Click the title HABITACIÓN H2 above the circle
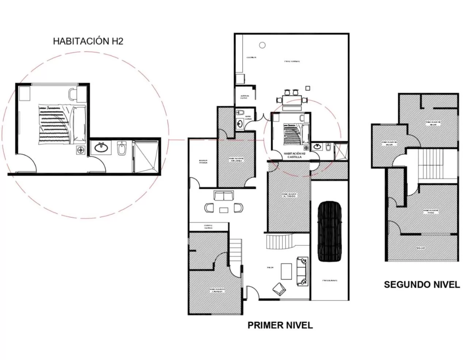[x=88, y=41]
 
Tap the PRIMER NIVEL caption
[x=280, y=325]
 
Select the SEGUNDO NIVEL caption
[x=422, y=285]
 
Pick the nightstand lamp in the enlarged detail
[x=80, y=150]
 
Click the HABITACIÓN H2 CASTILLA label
[x=295, y=155]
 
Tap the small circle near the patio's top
[x=262, y=45]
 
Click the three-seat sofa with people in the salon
[x=302, y=271]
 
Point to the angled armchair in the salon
[x=279, y=289]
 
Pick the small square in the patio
[x=308, y=88]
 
